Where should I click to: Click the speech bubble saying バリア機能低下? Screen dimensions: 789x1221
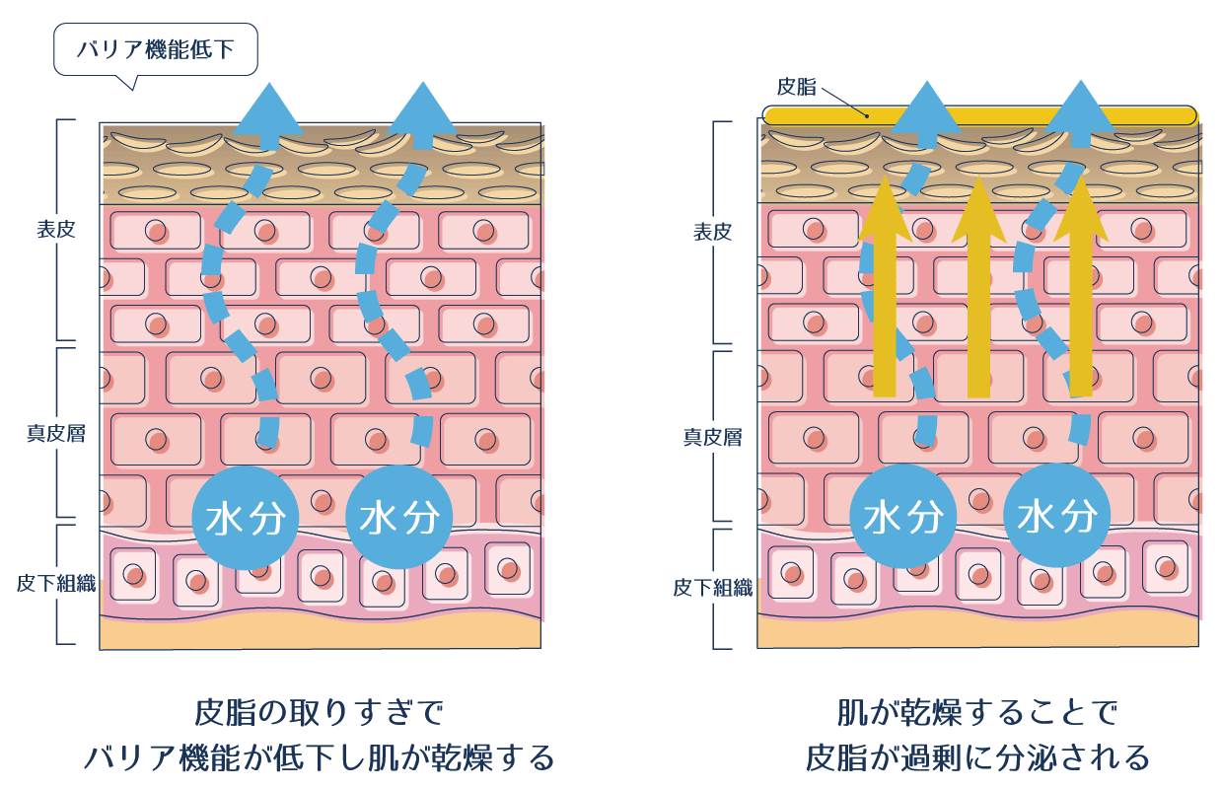pos(155,49)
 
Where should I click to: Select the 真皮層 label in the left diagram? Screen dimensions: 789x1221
pos(55,433)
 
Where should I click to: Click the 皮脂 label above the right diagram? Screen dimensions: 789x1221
pos(796,87)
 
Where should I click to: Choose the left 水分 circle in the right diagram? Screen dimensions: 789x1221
pos(902,517)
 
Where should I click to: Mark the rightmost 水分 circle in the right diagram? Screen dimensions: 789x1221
pos(1056,517)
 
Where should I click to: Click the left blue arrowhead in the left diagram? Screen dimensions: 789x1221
pos(267,108)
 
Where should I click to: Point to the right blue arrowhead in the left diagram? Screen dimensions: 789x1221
pos(424,108)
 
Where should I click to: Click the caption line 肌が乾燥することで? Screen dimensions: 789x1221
pos(977,712)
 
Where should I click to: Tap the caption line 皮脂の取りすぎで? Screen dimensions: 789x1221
pos(320,712)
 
